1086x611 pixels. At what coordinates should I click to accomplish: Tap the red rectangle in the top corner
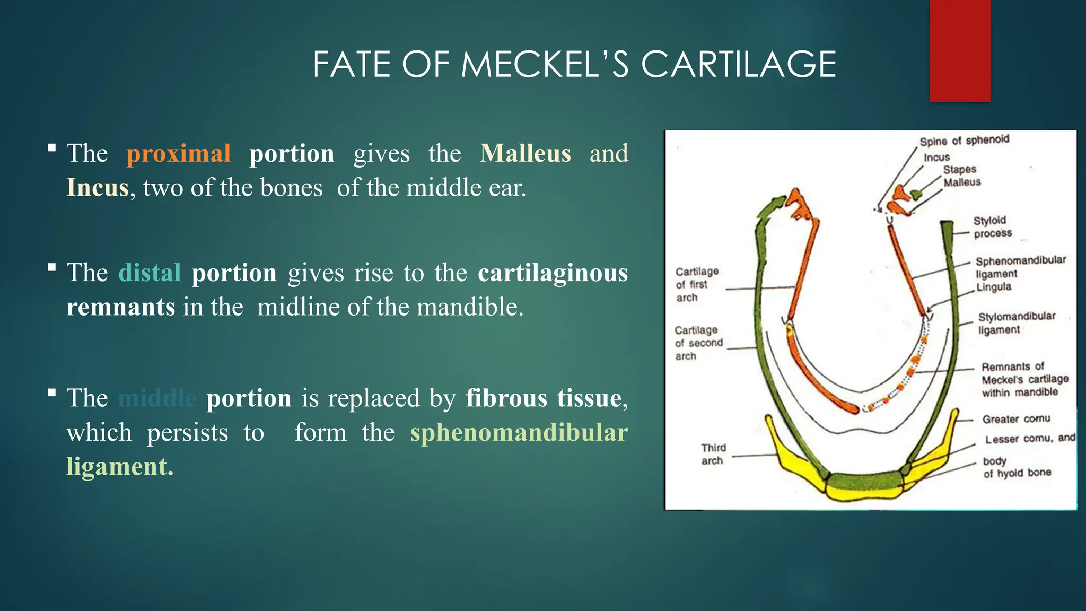point(960,50)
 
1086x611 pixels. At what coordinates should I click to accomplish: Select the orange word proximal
point(178,153)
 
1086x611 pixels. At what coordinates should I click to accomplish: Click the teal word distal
point(150,273)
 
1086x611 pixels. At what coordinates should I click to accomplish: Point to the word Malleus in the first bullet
point(525,153)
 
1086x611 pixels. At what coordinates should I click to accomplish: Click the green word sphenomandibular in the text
point(519,432)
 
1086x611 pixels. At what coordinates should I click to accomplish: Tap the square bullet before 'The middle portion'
point(51,393)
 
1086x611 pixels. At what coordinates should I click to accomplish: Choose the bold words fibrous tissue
point(544,398)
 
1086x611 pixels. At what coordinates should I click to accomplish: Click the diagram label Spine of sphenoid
point(964,141)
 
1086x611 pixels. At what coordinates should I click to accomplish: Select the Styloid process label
point(992,227)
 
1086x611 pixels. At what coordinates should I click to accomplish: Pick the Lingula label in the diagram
point(994,287)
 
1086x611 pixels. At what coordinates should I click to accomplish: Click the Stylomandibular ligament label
point(1016,323)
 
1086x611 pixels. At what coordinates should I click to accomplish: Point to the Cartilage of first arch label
point(696,284)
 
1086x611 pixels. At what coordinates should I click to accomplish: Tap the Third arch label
point(713,454)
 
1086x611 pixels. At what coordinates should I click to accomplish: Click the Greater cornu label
point(1015,419)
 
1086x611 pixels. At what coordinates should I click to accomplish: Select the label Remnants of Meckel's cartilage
point(1023,380)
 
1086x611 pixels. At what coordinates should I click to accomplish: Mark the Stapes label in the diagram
point(959,169)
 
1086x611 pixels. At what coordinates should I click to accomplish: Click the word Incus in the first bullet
point(98,188)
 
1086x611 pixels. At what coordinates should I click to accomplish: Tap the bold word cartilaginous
point(553,273)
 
